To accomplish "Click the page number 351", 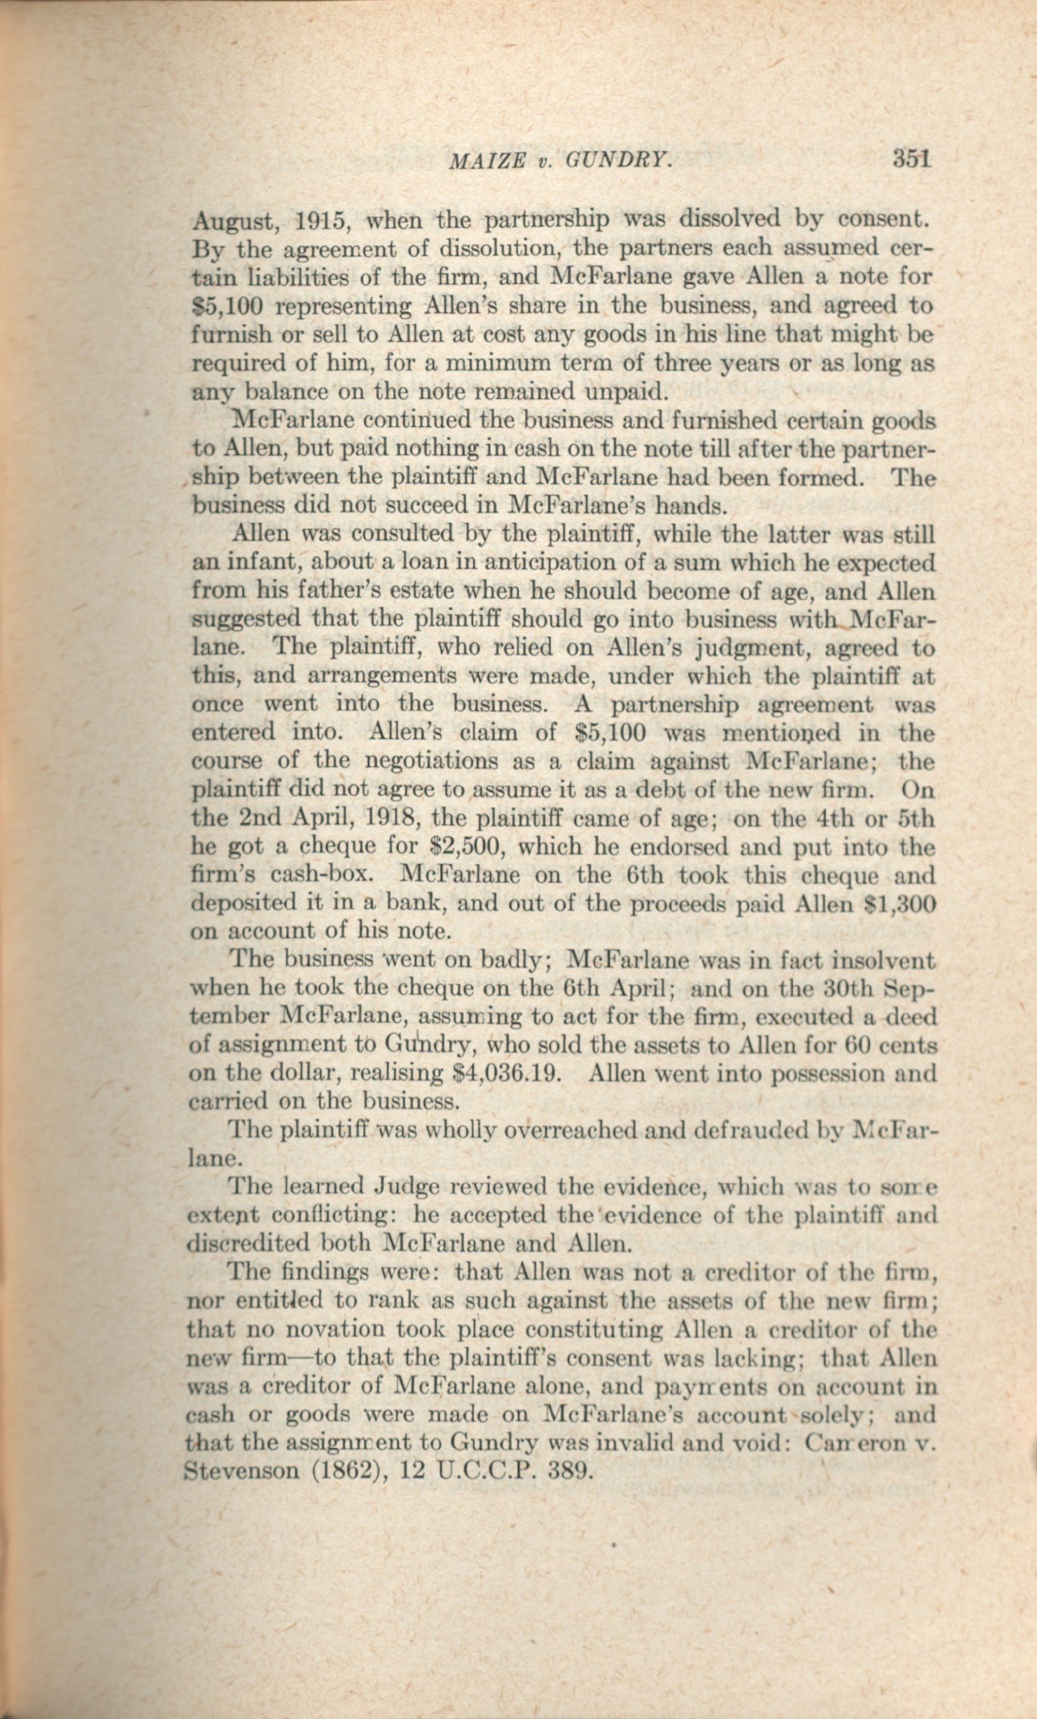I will [x=911, y=160].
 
